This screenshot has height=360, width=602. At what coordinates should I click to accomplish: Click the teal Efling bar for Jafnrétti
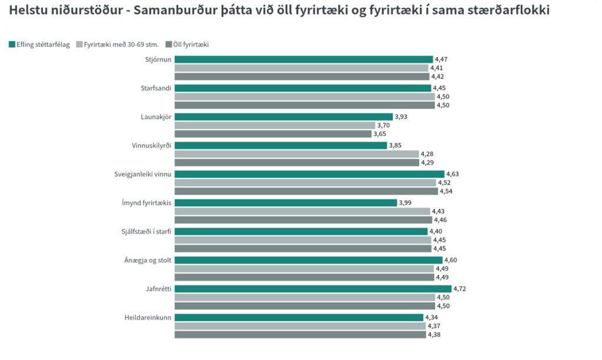click(x=313, y=289)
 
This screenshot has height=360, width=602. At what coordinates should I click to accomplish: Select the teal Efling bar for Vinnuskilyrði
click(x=280, y=145)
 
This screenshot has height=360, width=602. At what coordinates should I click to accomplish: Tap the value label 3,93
click(x=401, y=116)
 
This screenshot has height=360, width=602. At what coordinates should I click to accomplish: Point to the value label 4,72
click(x=460, y=289)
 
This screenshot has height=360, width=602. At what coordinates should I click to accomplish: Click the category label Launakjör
click(x=156, y=116)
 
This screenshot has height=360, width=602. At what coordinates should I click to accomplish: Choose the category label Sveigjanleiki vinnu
click(x=143, y=174)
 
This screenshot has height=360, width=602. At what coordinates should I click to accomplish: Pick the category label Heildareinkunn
click(x=148, y=318)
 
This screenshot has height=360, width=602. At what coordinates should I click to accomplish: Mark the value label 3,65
click(x=380, y=134)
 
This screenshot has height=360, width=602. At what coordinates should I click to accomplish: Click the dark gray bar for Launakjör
click(x=273, y=134)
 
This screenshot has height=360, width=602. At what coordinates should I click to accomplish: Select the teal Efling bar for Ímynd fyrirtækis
click(x=286, y=203)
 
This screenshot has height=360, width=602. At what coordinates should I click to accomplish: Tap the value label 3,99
click(x=405, y=203)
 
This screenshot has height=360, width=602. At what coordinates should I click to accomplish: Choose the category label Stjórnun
click(x=158, y=59)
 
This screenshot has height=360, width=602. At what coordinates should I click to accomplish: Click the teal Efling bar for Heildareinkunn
click(x=299, y=318)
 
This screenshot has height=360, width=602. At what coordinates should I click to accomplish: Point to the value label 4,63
click(x=453, y=174)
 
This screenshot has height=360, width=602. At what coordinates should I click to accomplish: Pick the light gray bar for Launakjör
click(x=275, y=125)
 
